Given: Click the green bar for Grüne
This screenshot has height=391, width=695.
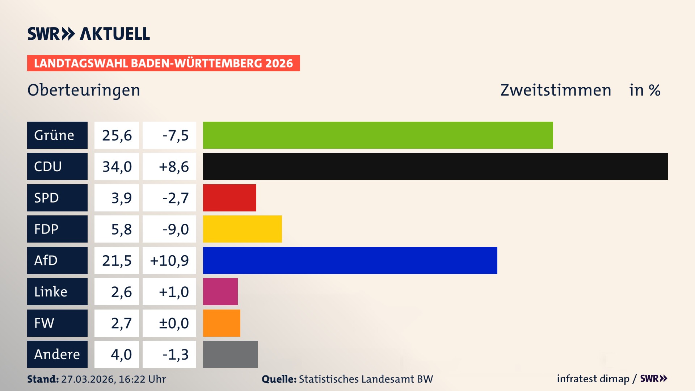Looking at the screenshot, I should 378,135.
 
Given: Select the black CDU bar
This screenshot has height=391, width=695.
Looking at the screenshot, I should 435,166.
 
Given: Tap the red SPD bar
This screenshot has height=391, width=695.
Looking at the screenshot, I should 229,198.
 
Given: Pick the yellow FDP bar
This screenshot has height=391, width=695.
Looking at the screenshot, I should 242,229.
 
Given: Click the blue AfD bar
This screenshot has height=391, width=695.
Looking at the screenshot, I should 350,260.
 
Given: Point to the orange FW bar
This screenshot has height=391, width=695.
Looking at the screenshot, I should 222,323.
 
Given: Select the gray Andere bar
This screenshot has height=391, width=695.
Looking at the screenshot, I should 230,354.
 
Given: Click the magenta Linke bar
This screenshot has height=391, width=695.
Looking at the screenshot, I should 220,291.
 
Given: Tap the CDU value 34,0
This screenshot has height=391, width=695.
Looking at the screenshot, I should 117,167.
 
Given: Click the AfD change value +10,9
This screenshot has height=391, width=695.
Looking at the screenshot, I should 169,260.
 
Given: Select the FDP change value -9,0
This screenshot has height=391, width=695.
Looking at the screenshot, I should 176,229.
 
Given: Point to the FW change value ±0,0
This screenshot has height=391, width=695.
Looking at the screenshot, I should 174,323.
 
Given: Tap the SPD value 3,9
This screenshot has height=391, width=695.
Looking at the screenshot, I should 121,198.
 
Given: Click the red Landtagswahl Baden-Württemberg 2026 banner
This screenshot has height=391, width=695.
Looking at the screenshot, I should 163,63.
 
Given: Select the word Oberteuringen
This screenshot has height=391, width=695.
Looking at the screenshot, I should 84,90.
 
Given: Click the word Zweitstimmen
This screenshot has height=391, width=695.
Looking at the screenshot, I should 556,90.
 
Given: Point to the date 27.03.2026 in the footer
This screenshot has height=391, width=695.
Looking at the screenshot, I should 88,379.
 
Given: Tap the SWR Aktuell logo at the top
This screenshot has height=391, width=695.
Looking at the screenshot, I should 88,34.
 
